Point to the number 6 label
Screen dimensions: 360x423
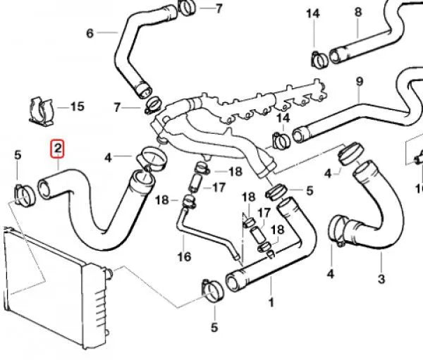point(89,33)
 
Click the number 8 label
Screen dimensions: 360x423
point(357,12)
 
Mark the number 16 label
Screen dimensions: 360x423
point(184,256)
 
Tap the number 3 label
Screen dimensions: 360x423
point(381,279)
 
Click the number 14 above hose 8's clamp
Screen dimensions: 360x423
point(312,13)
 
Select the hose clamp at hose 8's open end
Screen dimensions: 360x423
point(318,57)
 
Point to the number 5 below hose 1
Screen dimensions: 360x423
point(214,327)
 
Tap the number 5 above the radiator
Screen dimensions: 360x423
point(18,155)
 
